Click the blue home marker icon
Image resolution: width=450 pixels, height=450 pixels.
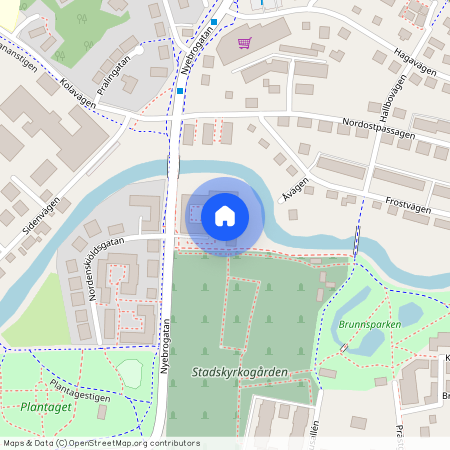point(225,216)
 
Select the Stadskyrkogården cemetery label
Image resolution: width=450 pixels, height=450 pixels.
point(238,372)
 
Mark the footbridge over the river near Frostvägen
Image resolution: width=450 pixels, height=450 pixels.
point(357,241)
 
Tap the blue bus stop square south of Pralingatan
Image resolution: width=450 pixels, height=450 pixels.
point(180,91)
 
